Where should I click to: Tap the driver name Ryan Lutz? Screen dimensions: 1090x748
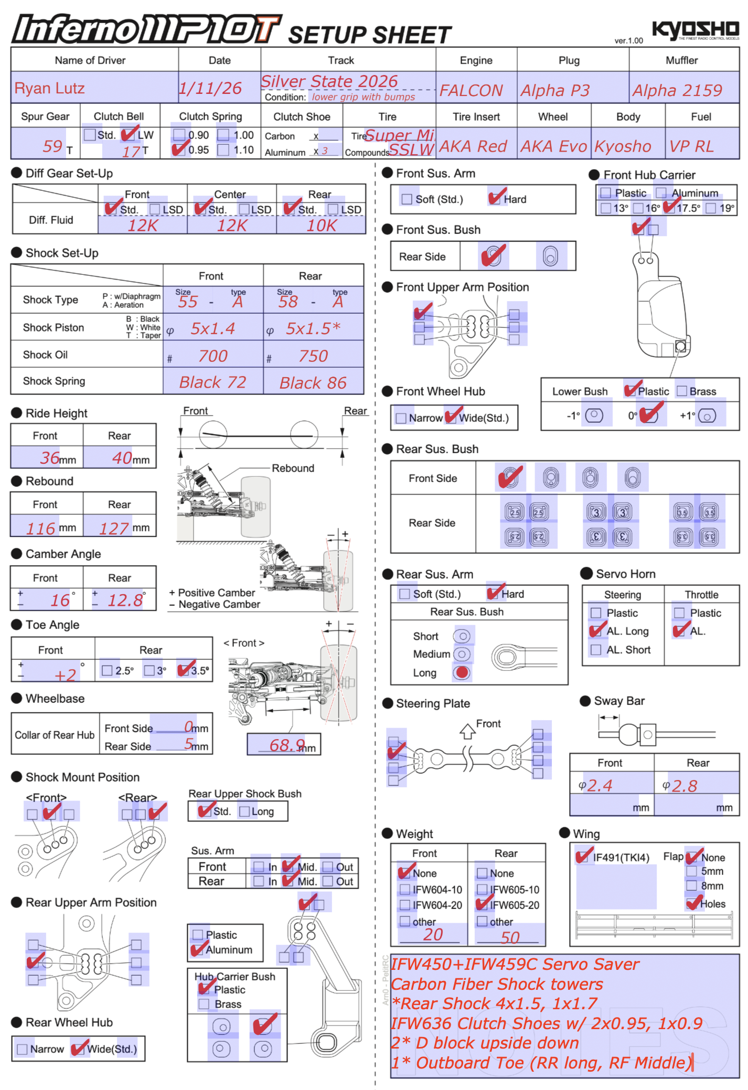(50, 88)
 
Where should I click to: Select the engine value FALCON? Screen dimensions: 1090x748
(471, 91)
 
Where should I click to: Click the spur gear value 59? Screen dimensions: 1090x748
(52, 146)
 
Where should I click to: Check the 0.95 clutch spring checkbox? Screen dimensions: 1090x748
(179, 149)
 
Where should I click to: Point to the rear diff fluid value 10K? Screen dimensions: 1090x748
(322, 226)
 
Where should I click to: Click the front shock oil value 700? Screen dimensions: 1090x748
(213, 356)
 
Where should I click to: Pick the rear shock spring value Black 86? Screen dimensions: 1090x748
(313, 383)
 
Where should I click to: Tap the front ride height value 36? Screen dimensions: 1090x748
(50, 458)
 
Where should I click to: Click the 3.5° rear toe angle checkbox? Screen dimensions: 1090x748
(184, 670)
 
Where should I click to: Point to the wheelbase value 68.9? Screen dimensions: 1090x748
(287, 745)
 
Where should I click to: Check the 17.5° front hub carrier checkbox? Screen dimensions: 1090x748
(669, 208)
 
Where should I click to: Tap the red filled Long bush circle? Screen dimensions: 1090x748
(462, 672)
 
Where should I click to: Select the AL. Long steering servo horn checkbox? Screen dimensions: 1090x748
(596, 631)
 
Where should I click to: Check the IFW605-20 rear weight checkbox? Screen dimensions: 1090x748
(483, 904)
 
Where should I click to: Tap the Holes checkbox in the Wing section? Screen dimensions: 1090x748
(692, 903)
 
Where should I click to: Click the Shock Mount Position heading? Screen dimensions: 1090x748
(82, 777)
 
